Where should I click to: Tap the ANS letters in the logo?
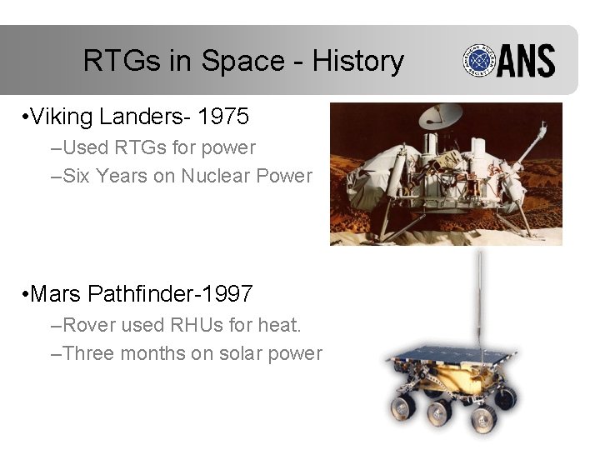(x=527, y=62)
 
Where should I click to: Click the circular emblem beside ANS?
(x=480, y=62)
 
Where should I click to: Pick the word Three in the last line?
(x=88, y=353)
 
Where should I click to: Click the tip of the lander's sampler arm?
(x=543, y=126)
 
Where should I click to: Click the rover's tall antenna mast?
(x=478, y=300)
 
